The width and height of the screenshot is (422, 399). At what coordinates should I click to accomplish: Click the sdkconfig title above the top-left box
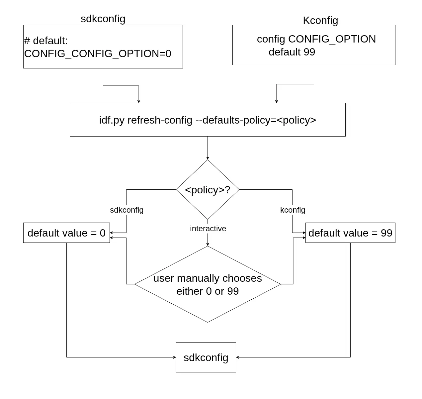point(103,19)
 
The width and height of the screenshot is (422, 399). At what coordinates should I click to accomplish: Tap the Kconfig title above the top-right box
point(320,20)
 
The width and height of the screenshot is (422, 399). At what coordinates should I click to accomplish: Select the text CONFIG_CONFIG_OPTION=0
point(98,53)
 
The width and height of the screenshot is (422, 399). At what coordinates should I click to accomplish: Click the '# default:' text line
point(46,41)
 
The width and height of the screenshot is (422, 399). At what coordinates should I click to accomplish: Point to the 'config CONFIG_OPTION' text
point(316,39)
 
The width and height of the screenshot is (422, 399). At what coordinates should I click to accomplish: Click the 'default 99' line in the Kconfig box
point(292,52)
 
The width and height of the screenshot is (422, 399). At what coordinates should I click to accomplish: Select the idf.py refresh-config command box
point(208,120)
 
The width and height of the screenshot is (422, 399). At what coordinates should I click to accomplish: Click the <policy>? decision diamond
point(208,190)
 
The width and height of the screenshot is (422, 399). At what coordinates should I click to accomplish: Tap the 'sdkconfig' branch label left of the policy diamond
point(127,210)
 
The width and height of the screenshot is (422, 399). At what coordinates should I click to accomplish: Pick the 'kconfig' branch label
point(293,210)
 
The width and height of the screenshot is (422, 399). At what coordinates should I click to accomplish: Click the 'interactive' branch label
point(208,229)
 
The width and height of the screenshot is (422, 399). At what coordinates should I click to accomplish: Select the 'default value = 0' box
point(66,233)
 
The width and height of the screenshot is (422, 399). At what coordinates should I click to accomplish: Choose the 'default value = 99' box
point(350,233)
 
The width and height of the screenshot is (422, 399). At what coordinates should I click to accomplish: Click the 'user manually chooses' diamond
point(208,284)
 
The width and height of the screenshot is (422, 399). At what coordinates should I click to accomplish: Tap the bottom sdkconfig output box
point(206,357)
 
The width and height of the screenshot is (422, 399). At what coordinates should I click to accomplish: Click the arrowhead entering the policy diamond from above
point(208,158)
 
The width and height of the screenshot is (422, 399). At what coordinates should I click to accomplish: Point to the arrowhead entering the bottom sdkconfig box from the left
point(174,357)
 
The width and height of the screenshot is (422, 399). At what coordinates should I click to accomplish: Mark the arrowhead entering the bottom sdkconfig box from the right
point(238,357)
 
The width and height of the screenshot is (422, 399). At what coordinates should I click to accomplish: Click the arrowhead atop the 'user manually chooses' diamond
point(208,244)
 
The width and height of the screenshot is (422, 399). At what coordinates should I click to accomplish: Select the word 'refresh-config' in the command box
point(160,120)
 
